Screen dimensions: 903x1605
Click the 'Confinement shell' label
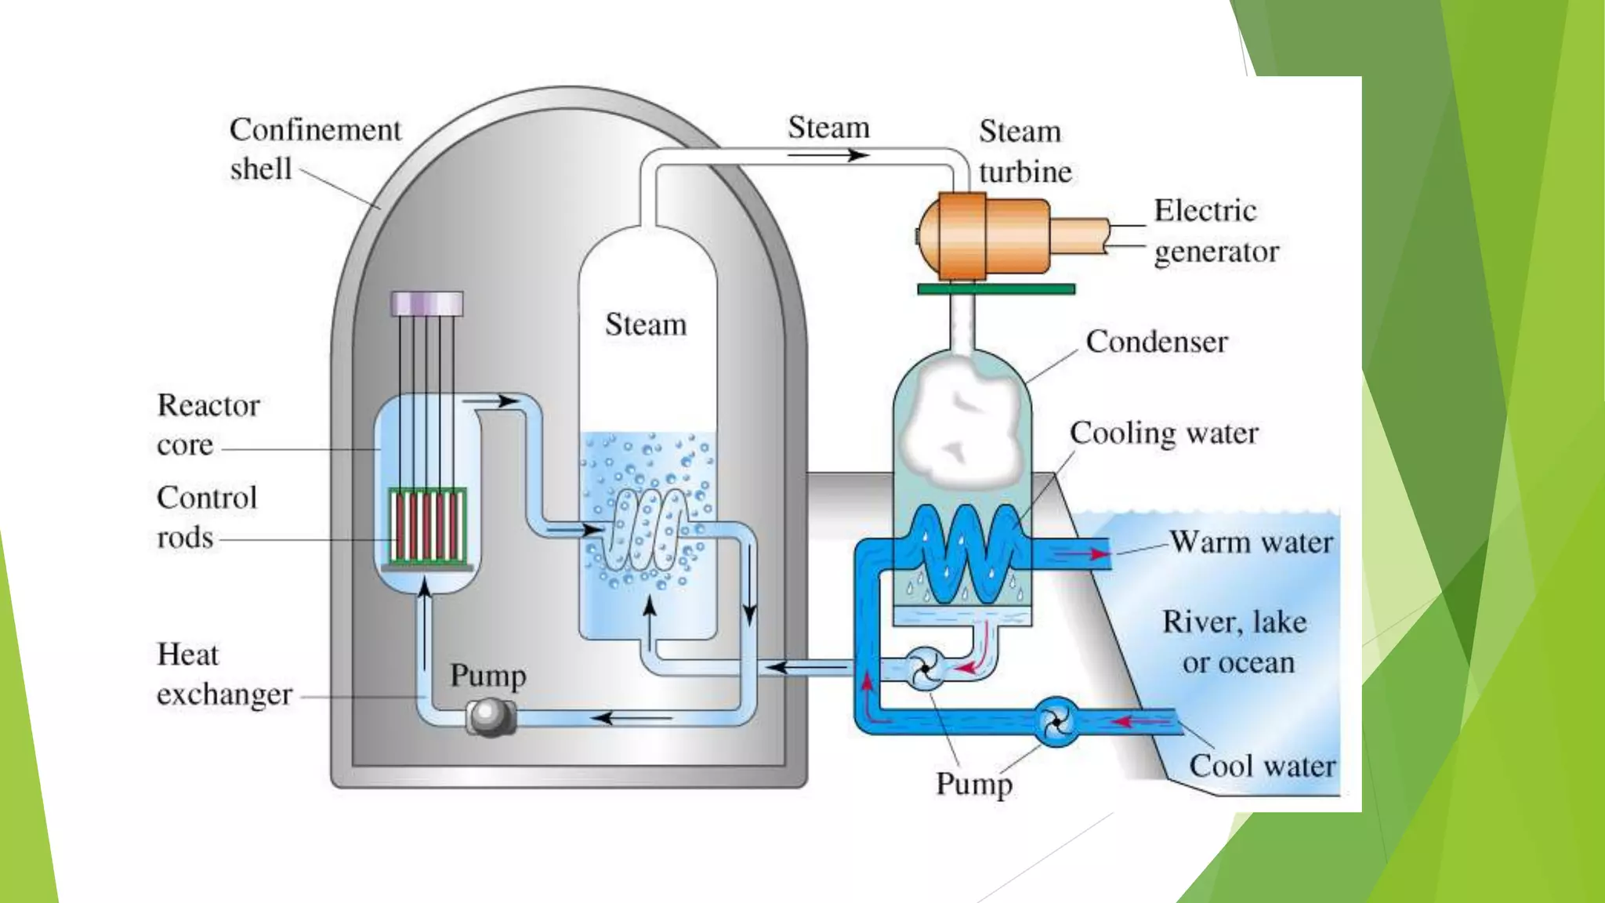pyautogui.click(x=313, y=149)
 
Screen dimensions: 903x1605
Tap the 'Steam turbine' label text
pyautogui.click(x=1024, y=151)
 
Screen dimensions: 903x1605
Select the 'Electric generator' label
pyautogui.click(x=1215, y=231)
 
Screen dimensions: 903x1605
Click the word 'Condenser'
pyautogui.click(x=1156, y=342)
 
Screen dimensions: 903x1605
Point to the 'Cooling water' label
pyautogui.click(x=1163, y=433)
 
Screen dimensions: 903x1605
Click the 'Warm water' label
pyautogui.click(x=1251, y=542)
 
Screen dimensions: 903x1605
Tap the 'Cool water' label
pyautogui.click(x=1262, y=766)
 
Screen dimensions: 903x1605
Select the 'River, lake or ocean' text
pyautogui.click(x=1236, y=642)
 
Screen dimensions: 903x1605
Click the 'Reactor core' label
pyautogui.click(x=208, y=425)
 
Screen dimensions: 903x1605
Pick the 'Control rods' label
pyautogui.click(x=206, y=517)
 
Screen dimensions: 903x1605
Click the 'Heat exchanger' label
pyautogui.click(x=223, y=674)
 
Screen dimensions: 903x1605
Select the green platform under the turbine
pyautogui.click(x=995, y=289)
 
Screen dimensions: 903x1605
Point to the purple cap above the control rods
pyautogui.click(x=427, y=303)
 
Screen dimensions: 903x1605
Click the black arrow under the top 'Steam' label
pyautogui.click(x=828, y=155)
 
